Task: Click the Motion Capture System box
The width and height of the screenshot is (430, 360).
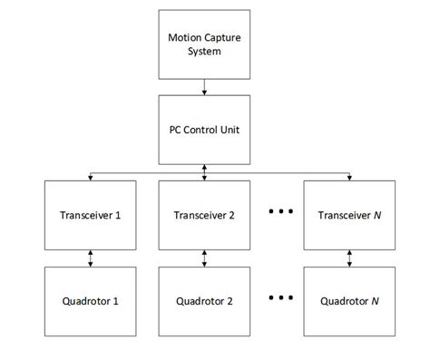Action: coord(205,44)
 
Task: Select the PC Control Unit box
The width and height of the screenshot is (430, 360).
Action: coord(205,128)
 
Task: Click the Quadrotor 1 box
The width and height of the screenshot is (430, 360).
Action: coord(91,300)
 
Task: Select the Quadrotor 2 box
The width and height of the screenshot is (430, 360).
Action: coord(205,300)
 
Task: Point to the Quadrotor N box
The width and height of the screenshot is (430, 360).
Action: coord(349,300)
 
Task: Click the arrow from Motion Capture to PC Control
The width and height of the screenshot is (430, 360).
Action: coord(205,86)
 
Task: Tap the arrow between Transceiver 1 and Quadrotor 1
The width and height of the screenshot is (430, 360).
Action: coord(91,258)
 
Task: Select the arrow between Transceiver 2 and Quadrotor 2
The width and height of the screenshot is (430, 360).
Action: coord(205,258)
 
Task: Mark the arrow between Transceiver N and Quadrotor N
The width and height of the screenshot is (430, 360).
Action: coord(349,258)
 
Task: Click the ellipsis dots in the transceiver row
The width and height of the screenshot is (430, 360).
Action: coord(279,213)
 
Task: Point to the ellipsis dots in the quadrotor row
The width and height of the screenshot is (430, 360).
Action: coord(279,298)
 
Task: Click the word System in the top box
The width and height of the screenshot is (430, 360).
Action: coord(205,51)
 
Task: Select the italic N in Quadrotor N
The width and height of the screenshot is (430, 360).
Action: coord(375,301)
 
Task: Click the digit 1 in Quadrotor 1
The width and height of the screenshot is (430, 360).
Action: coord(115,301)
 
